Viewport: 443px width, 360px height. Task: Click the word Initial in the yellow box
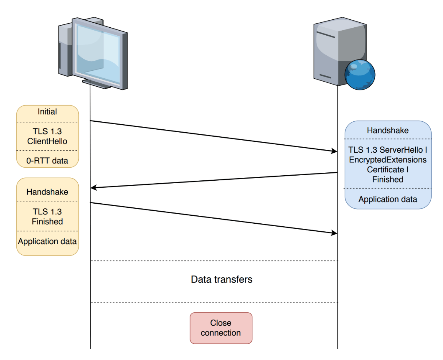pyautogui.click(x=47, y=112)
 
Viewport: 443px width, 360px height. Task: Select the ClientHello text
pyautogui.click(x=47, y=141)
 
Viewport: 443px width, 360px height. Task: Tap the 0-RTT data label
pyautogui.click(x=47, y=161)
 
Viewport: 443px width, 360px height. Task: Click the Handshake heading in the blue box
pyautogui.click(x=388, y=130)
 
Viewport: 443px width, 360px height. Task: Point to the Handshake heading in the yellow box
pyautogui.click(x=47, y=192)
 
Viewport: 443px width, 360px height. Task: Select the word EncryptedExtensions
pyautogui.click(x=388, y=160)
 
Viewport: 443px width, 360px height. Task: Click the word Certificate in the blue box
pyautogui.click(x=385, y=169)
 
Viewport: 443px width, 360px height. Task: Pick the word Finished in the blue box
pyautogui.click(x=388, y=179)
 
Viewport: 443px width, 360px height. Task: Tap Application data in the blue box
pyautogui.click(x=388, y=199)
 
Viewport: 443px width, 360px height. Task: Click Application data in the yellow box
pyautogui.click(x=47, y=241)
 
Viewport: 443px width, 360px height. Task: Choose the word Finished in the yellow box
pyautogui.click(x=47, y=222)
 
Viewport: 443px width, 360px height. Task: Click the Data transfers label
pyautogui.click(x=221, y=279)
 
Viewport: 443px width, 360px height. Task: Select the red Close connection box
pyautogui.click(x=221, y=328)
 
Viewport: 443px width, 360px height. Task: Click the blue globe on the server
pyautogui.click(x=360, y=75)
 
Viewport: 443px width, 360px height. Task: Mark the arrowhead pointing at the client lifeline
pyautogui.click(x=94, y=188)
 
